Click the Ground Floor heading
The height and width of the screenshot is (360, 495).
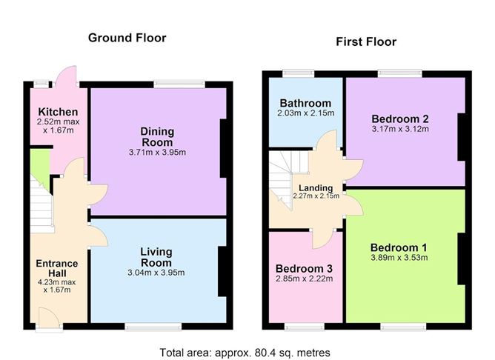[x=127, y=38]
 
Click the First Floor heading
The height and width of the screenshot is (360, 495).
[x=366, y=41]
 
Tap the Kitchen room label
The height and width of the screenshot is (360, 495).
[x=58, y=112]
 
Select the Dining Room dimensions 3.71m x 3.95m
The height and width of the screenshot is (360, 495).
[x=157, y=153]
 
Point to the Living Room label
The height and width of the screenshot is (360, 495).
[x=156, y=257]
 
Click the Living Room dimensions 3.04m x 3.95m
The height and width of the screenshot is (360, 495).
[x=156, y=273]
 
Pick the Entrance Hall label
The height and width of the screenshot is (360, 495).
[x=57, y=268]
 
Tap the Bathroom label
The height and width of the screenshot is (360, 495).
[x=305, y=103]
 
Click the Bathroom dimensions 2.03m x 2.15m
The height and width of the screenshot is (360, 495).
[x=305, y=113]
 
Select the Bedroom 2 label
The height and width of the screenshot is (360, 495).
[x=400, y=119]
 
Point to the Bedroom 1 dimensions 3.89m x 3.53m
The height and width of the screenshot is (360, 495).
[x=399, y=258]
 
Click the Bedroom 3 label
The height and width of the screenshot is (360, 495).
[x=304, y=268]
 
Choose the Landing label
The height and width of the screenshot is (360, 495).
[x=316, y=188]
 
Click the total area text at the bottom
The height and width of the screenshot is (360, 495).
[x=245, y=353]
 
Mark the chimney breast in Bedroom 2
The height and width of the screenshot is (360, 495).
[x=462, y=137]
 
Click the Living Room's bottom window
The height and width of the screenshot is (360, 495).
[x=153, y=327]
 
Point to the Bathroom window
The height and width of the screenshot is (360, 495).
[x=299, y=73]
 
